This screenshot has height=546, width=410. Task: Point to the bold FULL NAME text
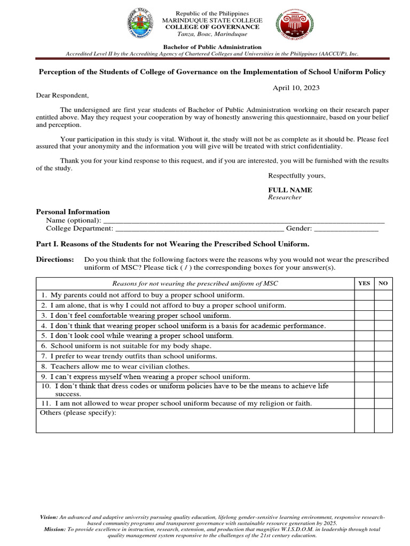tap(290, 190)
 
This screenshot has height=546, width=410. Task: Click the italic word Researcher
tap(285, 197)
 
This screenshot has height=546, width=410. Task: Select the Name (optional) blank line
tap(243, 221)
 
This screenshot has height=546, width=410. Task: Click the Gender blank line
tap(346, 229)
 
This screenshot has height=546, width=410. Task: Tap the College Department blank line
tap(200, 229)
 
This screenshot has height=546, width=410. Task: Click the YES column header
tap(364, 284)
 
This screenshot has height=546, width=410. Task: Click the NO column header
tap(383, 284)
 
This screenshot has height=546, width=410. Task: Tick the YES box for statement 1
tap(364, 295)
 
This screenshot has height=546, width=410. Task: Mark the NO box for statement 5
tap(383, 336)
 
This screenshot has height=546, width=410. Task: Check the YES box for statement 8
tap(364, 366)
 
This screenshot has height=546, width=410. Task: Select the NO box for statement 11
tap(383, 403)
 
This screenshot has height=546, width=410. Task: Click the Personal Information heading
tap(73, 212)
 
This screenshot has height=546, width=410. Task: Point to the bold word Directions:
tap(55, 259)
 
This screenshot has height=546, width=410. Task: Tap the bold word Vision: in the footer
tap(49, 517)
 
